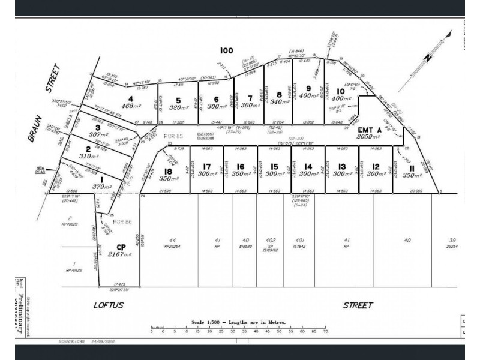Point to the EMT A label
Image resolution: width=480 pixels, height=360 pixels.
(370, 130)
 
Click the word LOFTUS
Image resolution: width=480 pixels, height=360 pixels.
(109, 305)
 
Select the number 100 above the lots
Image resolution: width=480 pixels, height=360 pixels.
(226, 50)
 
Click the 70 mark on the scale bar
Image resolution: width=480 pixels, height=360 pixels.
(325, 331)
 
